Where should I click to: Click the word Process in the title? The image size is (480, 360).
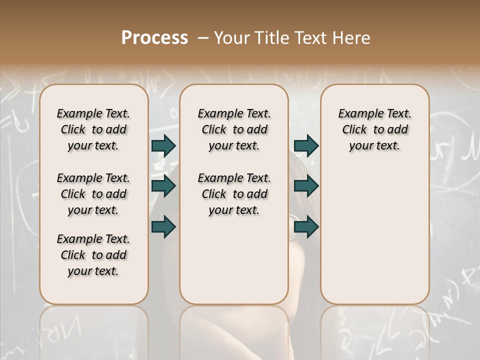pyautogui.click(x=154, y=38)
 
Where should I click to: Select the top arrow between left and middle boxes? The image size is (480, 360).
pyautogui.click(x=163, y=145)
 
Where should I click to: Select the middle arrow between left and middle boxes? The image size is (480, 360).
pyautogui.click(x=163, y=186)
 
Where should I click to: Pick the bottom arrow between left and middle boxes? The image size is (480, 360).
pyautogui.click(x=163, y=226)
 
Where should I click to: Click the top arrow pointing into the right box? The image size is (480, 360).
pyautogui.click(x=306, y=145)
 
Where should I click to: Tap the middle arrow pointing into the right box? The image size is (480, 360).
pyautogui.click(x=306, y=186)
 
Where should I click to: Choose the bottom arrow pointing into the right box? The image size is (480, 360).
pyautogui.click(x=306, y=226)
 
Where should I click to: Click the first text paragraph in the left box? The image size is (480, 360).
pyautogui.click(x=93, y=129)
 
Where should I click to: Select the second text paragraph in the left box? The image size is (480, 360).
pyautogui.click(x=93, y=194)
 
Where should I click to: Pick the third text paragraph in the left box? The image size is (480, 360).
pyautogui.click(x=93, y=255)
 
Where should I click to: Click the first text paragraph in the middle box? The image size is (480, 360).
pyautogui.click(x=234, y=129)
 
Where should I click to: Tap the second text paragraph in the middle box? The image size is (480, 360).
pyautogui.click(x=234, y=194)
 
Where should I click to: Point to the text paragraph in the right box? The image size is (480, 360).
pyautogui.click(x=374, y=129)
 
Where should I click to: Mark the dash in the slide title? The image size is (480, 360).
pyautogui.click(x=203, y=38)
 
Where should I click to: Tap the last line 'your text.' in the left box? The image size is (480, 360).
pyautogui.click(x=93, y=271)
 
